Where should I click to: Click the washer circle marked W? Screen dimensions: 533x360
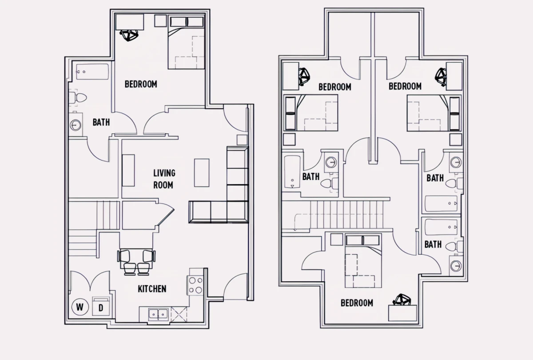(x=80, y=307)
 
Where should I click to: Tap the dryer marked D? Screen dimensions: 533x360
(x=101, y=306)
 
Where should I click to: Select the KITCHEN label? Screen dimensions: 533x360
(x=152, y=289)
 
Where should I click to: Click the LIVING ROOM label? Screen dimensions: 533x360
(x=164, y=179)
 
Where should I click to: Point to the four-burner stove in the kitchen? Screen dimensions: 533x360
(x=195, y=285)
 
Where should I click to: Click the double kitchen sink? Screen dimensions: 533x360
(x=158, y=315)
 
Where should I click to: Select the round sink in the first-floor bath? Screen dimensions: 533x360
(x=76, y=125)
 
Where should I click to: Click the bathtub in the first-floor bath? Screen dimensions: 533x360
(x=92, y=72)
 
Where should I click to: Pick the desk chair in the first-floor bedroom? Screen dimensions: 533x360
(x=129, y=35)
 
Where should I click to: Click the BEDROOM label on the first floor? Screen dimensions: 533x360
(x=141, y=84)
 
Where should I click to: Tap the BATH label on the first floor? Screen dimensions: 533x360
(x=101, y=122)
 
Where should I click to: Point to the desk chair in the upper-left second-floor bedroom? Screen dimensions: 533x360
(x=304, y=76)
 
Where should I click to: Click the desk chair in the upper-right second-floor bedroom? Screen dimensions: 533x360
(x=441, y=77)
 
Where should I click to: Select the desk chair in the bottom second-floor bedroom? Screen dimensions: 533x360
(x=402, y=300)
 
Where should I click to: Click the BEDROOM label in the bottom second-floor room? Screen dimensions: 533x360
(x=357, y=303)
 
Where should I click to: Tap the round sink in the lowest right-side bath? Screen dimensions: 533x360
(x=456, y=266)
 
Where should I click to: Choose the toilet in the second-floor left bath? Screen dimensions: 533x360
(x=329, y=183)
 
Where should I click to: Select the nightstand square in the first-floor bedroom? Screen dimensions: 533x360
(x=160, y=21)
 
